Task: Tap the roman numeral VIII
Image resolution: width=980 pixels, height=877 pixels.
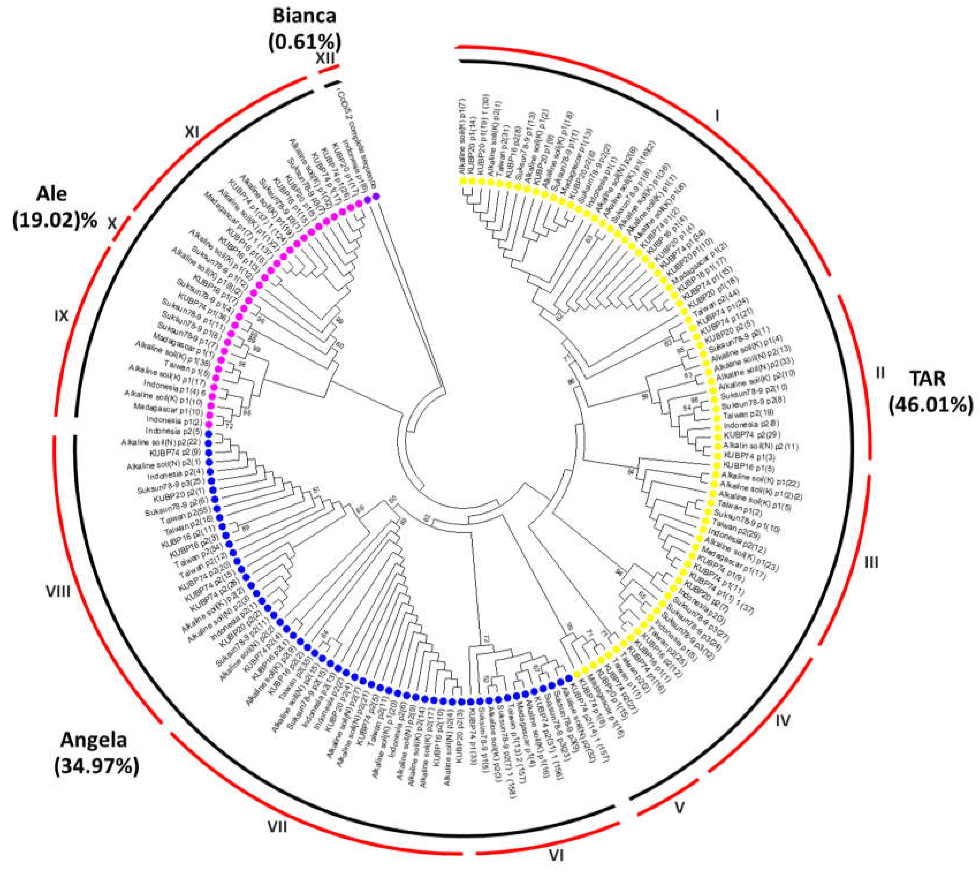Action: click(58, 590)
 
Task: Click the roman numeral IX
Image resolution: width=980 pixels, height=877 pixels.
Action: click(61, 316)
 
